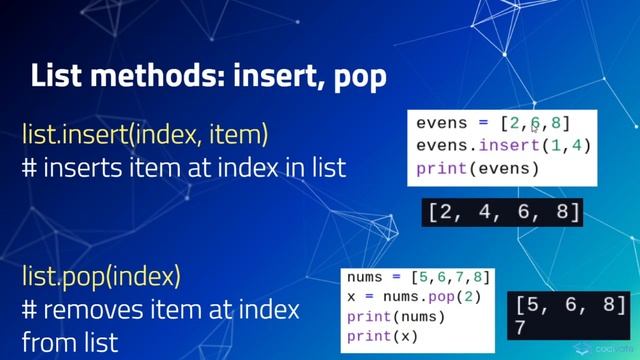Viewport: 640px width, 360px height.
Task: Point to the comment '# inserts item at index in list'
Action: (183, 166)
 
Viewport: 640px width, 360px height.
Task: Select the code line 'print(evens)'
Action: (478, 168)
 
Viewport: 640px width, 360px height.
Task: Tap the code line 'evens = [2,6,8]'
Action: (493, 123)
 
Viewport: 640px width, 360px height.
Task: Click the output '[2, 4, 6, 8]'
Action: (504, 212)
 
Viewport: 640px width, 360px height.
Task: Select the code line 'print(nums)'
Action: (396, 317)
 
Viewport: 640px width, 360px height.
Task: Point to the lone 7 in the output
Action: (521, 328)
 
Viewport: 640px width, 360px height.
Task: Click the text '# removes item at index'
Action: (159, 309)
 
